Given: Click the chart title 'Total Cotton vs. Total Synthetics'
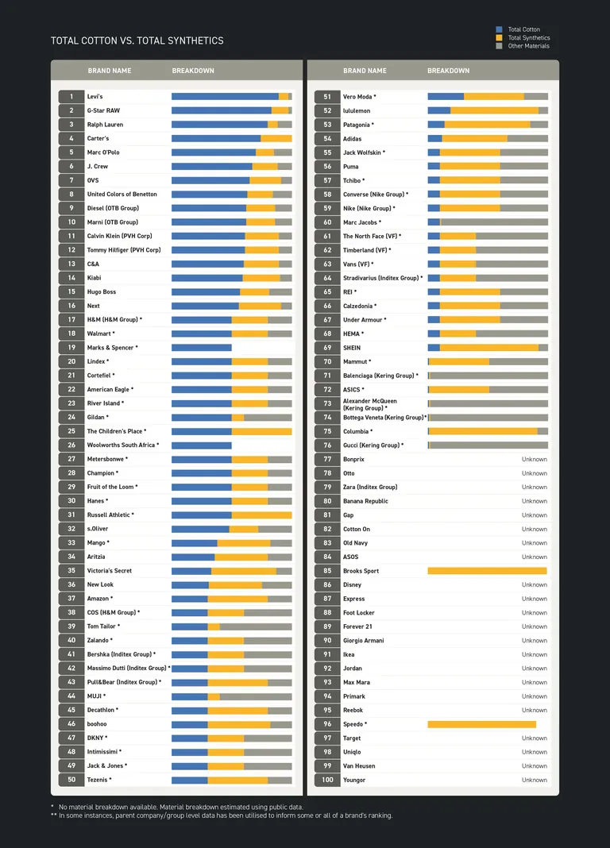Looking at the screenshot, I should click(x=137, y=40).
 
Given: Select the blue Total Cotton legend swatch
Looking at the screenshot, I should click(x=499, y=29).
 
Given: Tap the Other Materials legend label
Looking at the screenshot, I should click(x=528, y=46).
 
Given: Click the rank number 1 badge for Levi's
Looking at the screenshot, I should click(x=71, y=97).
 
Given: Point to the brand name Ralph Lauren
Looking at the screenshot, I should click(x=105, y=125).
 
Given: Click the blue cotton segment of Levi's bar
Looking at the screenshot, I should click(x=225, y=97).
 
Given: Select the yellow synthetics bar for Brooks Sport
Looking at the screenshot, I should click(x=487, y=571).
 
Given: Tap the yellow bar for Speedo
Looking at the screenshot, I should click(x=481, y=724).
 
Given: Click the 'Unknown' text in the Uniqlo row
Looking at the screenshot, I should click(x=534, y=752).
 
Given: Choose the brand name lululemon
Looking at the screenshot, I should click(x=357, y=111).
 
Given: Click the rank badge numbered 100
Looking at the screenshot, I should click(x=327, y=780).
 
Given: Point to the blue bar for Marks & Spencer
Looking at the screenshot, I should click(x=201, y=348).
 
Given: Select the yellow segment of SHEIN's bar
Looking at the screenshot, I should click(x=488, y=348).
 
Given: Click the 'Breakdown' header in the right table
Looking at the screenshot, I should click(x=448, y=71).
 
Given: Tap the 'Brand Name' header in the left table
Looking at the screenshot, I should click(x=110, y=71).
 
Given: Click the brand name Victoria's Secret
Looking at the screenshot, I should click(x=110, y=571).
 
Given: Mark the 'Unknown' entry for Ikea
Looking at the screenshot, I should click(x=534, y=654).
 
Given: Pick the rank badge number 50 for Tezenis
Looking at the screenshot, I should click(x=71, y=780).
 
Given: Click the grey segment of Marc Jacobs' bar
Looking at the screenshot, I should click(x=493, y=222).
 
